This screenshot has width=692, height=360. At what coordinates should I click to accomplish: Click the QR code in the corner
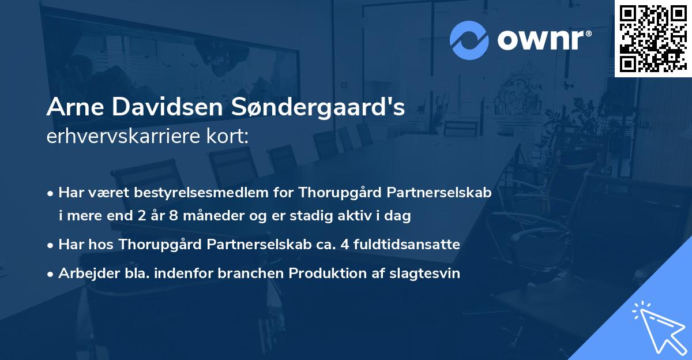[x=653, y=39]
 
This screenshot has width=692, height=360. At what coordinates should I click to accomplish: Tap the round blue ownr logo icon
[x=468, y=40]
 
